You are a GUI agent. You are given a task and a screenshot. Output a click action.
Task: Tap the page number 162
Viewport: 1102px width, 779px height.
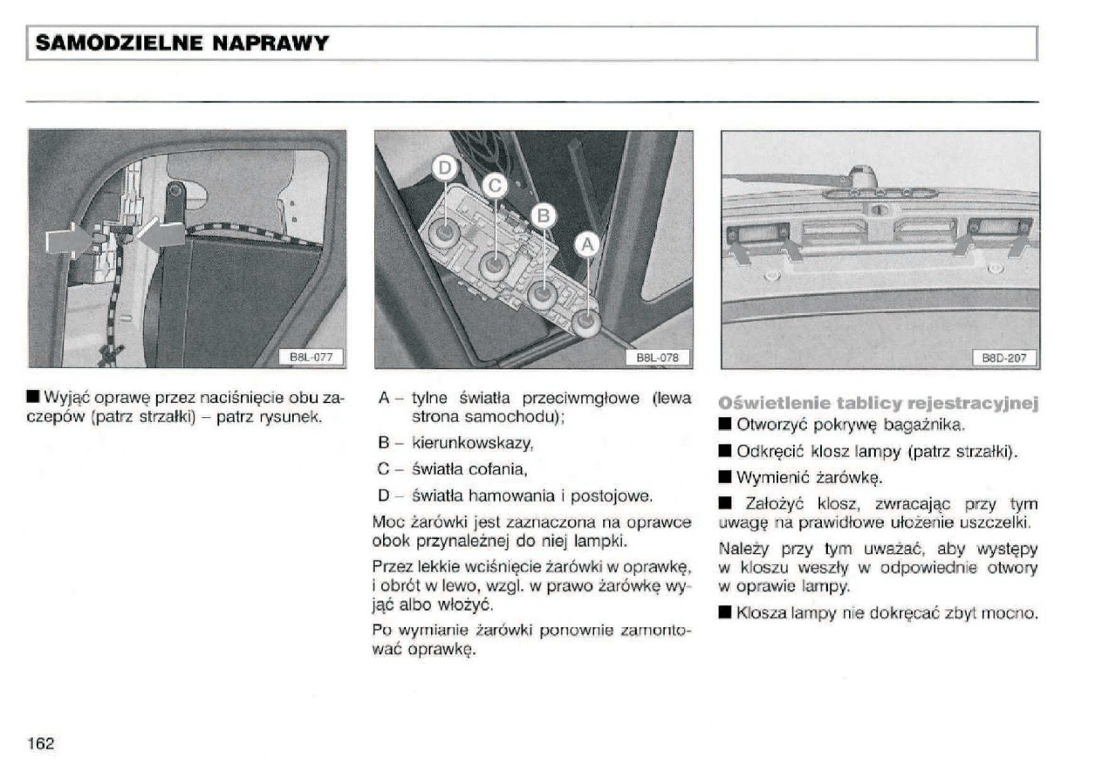coord(41,743)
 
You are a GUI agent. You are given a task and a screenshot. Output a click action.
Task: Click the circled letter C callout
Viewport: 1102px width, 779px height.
coord(494,184)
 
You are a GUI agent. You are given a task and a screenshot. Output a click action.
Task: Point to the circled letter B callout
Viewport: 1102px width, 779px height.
coord(542,215)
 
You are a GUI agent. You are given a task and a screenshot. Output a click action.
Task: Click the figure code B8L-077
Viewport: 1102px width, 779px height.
coord(311,356)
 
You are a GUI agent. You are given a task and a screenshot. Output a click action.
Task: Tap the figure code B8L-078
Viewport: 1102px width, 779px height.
coord(658,356)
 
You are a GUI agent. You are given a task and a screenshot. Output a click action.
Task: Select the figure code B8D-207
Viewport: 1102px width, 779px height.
coord(1004,356)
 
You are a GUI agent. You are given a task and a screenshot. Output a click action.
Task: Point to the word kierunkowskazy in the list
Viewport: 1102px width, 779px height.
coord(472,444)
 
